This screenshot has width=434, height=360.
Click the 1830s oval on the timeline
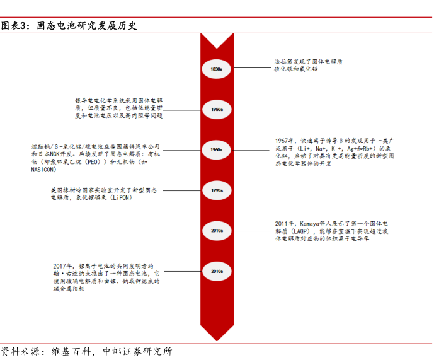(x=217, y=68)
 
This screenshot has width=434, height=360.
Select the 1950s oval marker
(x=217, y=109)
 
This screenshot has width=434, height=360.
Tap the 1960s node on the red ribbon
(x=217, y=150)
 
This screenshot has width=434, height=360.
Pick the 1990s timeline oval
(x=217, y=190)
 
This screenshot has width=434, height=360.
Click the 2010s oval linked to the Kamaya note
(x=217, y=231)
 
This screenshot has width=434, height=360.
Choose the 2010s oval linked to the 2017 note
(x=217, y=272)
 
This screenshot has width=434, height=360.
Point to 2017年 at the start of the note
(x=64, y=267)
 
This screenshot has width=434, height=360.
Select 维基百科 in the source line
(x=67, y=351)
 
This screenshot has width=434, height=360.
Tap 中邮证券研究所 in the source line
(x=137, y=351)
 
